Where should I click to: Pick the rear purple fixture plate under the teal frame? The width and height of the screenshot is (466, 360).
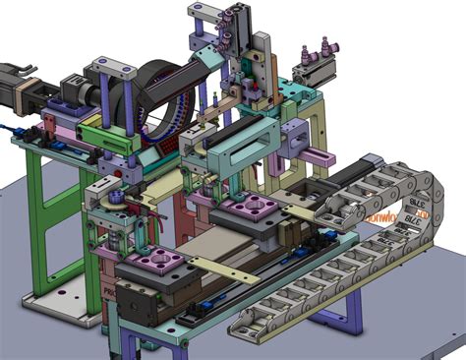[248, 208]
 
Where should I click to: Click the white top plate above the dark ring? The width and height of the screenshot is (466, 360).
[114, 68]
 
